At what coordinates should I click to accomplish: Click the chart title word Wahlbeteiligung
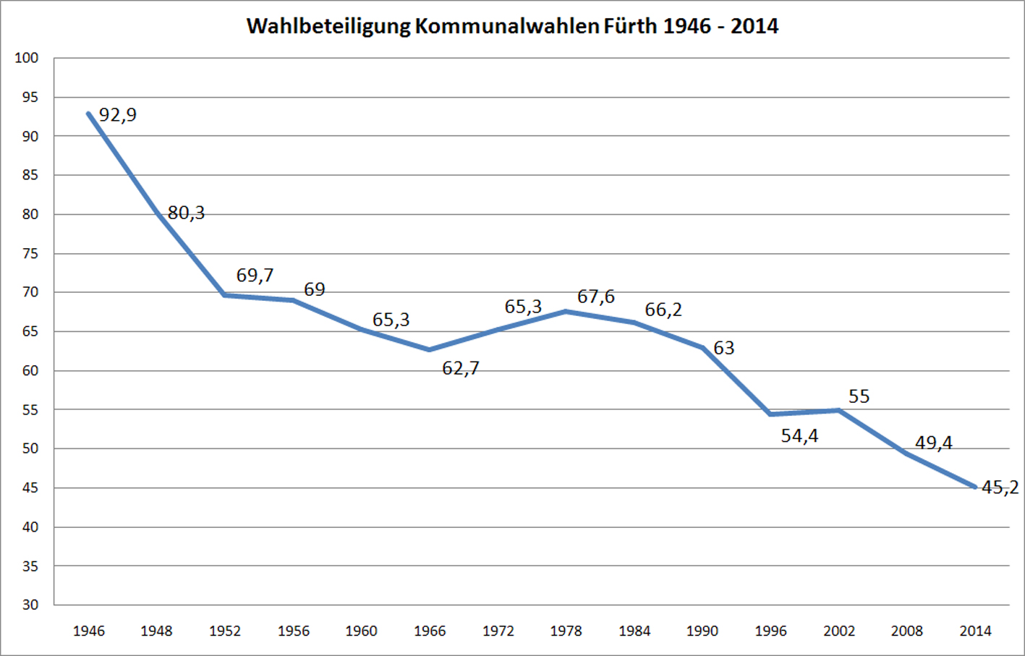pos(328,27)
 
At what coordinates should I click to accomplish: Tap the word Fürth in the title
pos(630,26)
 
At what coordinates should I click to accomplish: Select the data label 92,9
pos(117,115)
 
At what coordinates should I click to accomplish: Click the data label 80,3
pos(186,213)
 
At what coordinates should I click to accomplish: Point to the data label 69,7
pos(255,276)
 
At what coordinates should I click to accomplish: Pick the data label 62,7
pos(461,369)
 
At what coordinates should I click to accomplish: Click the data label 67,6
pos(596,297)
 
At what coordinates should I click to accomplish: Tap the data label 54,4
pos(799,436)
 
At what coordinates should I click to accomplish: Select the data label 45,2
pos(1000,487)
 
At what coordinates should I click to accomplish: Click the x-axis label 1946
pos(88,631)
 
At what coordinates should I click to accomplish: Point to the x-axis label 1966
pos(430,631)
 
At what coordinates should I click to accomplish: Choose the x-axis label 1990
pos(702,631)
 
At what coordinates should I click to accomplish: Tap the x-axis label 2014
pos(975,631)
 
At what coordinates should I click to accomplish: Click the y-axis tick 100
pos(27,58)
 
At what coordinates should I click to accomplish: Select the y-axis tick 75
pos(30,253)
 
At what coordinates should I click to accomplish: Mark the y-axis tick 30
pos(30,605)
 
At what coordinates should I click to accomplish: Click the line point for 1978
pos(566,312)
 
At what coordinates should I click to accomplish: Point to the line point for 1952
pos(225,295)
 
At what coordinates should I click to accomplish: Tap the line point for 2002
pos(839,410)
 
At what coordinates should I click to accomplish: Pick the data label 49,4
pos(933,443)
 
